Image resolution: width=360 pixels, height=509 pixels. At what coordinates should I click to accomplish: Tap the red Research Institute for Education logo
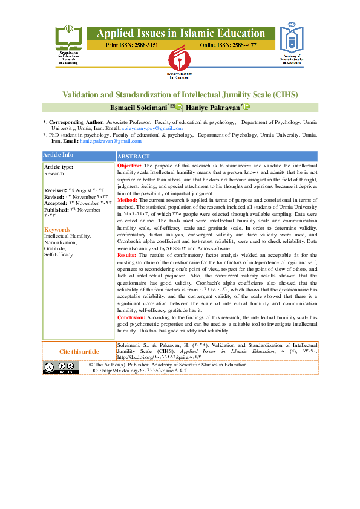[x=180, y=63]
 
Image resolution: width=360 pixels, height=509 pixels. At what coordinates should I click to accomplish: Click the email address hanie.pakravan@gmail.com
[x=111, y=141]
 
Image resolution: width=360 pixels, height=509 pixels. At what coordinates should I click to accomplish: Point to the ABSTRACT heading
[x=134, y=156]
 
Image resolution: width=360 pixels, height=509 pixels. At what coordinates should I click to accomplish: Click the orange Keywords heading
[x=57, y=230]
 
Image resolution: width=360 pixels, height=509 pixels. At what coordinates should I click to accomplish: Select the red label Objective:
[x=129, y=166]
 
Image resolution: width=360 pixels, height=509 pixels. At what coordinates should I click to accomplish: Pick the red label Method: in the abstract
[x=127, y=200]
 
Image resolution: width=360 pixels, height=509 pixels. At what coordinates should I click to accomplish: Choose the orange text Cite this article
[x=79, y=351]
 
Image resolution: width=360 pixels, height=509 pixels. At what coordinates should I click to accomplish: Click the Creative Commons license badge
[x=61, y=368]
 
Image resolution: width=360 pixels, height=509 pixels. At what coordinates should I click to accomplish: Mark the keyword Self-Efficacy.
[x=59, y=254]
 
